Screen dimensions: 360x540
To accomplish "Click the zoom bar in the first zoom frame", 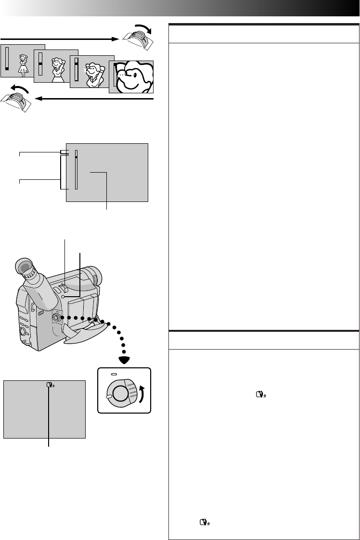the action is pos(7,60).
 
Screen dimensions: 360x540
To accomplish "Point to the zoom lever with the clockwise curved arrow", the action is pos(138,36).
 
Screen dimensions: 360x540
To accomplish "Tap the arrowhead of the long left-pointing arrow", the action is pos(40,99).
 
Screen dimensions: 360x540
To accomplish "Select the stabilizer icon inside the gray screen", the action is pos(50,385).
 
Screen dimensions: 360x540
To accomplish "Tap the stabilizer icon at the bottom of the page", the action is pos(205,522).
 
